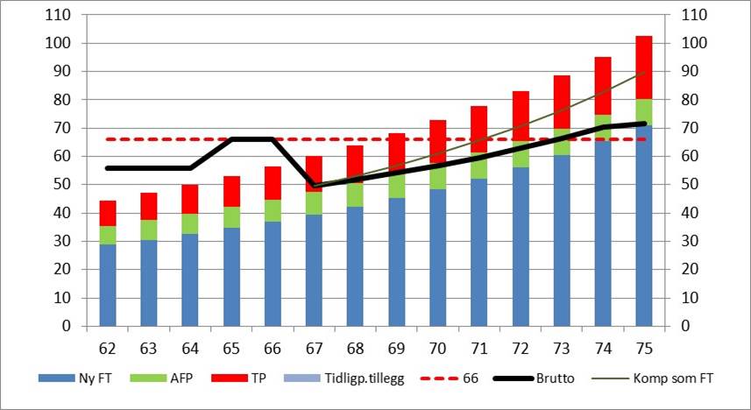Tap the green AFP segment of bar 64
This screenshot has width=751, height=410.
[x=190, y=223]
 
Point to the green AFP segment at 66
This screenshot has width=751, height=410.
[x=273, y=210]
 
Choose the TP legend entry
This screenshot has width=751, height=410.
[x=245, y=379]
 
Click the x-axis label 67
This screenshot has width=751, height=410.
[x=314, y=349]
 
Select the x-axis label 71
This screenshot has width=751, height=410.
[x=478, y=349]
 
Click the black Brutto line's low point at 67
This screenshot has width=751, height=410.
[x=314, y=186]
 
